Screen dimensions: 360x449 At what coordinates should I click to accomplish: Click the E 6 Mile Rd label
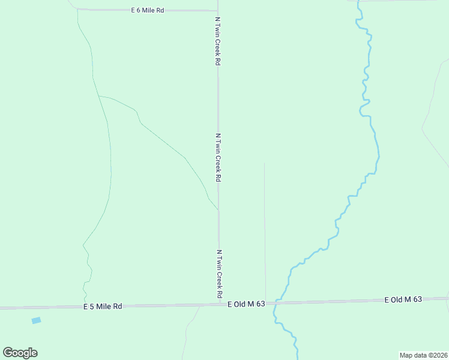tap(148, 10)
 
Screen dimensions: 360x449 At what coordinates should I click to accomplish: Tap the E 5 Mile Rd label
tap(103, 306)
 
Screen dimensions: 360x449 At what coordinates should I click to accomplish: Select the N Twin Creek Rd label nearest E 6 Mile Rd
tap(218, 41)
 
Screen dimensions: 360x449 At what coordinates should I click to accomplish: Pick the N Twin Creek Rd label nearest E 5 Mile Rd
tap(219, 274)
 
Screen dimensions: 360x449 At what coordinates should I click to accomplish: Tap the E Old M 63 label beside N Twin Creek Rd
tap(246, 304)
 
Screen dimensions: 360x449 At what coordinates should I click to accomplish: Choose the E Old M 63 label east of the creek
tap(404, 299)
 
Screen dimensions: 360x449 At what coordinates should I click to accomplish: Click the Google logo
tap(20, 353)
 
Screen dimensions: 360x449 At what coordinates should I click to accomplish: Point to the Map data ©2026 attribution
tap(423, 355)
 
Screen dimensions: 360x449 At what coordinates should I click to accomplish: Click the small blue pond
tap(36, 320)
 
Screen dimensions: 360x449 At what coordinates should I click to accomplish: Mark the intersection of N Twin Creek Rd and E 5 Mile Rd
tap(218, 305)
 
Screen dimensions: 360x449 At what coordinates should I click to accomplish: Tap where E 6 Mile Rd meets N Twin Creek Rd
tap(217, 10)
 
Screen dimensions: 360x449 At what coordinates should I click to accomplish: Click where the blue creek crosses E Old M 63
tap(276, 302)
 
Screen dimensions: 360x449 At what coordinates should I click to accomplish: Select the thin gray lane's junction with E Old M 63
tap(265, 303)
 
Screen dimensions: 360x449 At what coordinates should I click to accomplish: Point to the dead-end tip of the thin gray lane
tap(264, 163)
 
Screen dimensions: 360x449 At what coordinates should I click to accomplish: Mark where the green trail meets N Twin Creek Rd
tap(218, 210)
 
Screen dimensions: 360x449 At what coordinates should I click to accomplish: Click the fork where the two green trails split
tap(98, 96)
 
